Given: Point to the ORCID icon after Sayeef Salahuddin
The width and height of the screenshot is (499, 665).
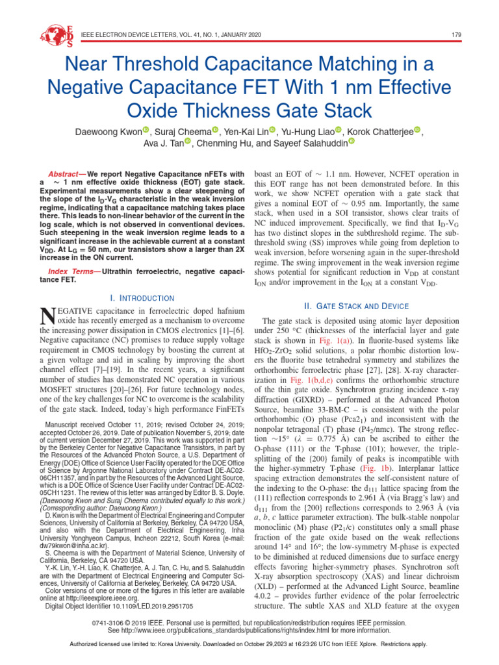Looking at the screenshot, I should click(x=352, y=141).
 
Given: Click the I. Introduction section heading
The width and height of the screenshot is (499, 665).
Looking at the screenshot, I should click(x=142, y=297).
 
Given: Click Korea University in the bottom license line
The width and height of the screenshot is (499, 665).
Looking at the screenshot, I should click(x=181, y=644).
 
